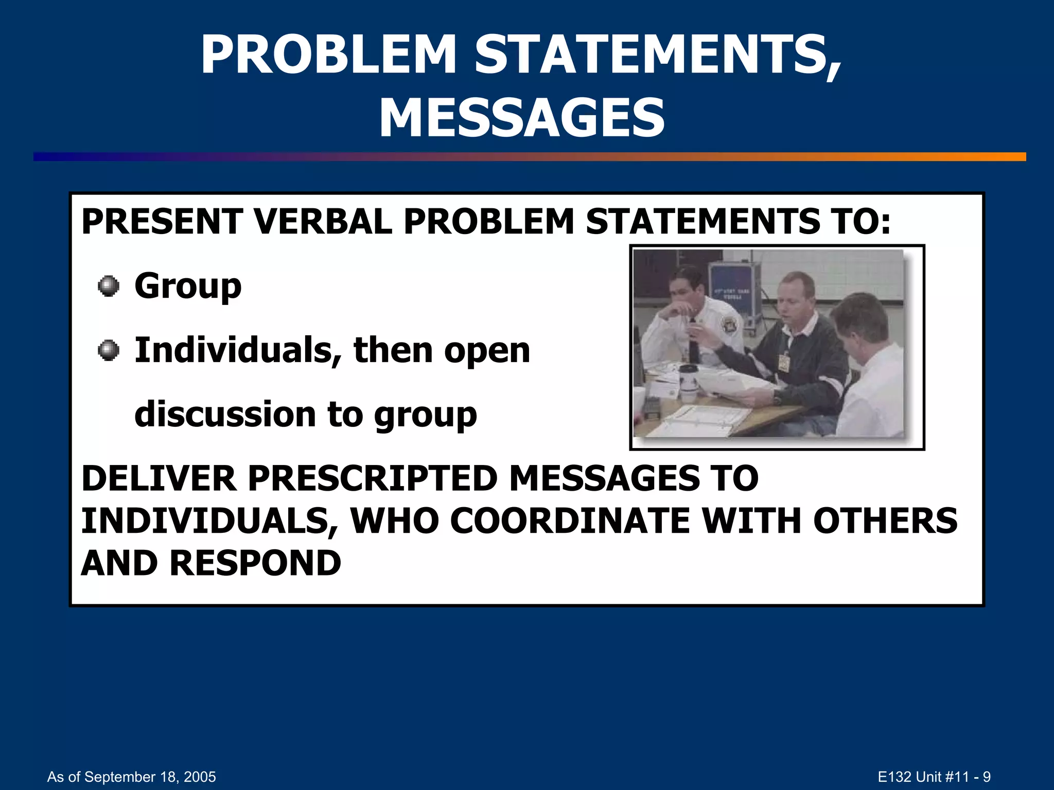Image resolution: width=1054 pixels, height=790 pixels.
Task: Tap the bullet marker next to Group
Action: [x=108, y=286]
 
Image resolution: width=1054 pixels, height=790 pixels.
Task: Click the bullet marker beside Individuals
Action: [x=108, y=351]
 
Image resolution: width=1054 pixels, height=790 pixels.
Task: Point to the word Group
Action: [x=188, y=286]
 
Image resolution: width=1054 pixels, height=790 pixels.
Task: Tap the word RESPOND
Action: [x=255, y=563]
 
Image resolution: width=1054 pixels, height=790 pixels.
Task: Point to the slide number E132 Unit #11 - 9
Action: [x=934, y=777]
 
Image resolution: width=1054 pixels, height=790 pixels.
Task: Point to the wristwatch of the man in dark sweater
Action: [x=778, y=397]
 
